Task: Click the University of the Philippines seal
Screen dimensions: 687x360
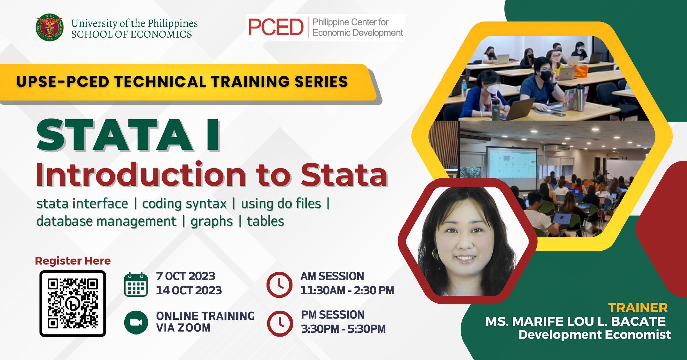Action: (x=50, y=28)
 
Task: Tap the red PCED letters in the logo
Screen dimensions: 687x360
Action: (x=275, y=27)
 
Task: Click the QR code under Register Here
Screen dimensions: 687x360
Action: (x=73, y=304)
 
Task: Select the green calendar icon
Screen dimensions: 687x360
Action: (x=136, y=285)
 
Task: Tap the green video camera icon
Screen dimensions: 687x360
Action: (x=136, y=322)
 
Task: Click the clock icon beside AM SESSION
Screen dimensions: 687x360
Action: (x=279, y=285)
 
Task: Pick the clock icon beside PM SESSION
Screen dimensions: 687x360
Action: (x=280, y=323)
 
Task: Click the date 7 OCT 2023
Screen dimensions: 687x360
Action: (x=186, y=276)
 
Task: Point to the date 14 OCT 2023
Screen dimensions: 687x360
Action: (x=189, y=290)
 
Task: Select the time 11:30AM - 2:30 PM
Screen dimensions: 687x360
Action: (x=347, y=290)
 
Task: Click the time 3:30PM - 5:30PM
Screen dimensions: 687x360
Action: (x=343, y=329)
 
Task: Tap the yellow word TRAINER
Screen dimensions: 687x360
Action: (x=638, y=308)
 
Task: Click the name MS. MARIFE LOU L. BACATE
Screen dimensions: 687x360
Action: (x=575, y=321)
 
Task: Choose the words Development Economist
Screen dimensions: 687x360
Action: (x=594, y=335)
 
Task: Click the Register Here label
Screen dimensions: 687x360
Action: (x=73, y=261)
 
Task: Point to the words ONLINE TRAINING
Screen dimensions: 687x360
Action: (x=205, y=316)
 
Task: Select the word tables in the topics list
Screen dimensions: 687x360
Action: (x=266, y=221)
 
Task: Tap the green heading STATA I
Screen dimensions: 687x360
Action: (x=128, y=135)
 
